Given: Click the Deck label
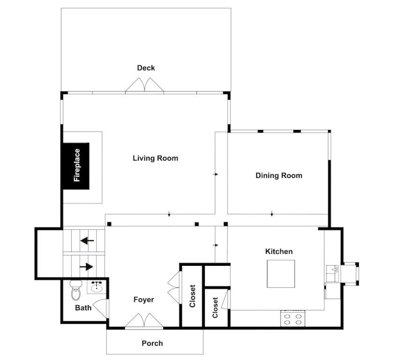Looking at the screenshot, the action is click(x=146, y=68).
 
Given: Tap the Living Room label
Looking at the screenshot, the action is click(x=156, y=158).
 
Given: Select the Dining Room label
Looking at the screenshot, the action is click(x=279, y=176).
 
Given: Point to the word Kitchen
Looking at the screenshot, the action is click(x=279, y=252).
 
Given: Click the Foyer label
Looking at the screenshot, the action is click(x=144, y=300).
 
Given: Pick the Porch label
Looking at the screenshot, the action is click(x=152, y=344).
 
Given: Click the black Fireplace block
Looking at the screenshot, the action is click(x=76, y=166).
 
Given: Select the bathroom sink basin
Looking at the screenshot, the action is click(x=97, y=287).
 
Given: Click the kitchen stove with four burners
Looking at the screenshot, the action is click(x=293, y=319).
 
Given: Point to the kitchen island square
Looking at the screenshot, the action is click(x=281, y=274).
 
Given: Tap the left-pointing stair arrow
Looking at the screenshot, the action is click(x=87, y=240).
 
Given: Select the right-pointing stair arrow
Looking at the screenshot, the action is click(x=86, y=267).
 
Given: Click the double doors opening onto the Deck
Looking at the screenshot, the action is click(x=144, y=85).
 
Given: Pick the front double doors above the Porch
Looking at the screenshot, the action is click(x=144, y=320).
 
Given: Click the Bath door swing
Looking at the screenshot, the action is click(x=100, y=308).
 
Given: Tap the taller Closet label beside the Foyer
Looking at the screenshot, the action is click(x=192, y=296).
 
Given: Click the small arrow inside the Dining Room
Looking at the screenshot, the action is click(x=272, y=213).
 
